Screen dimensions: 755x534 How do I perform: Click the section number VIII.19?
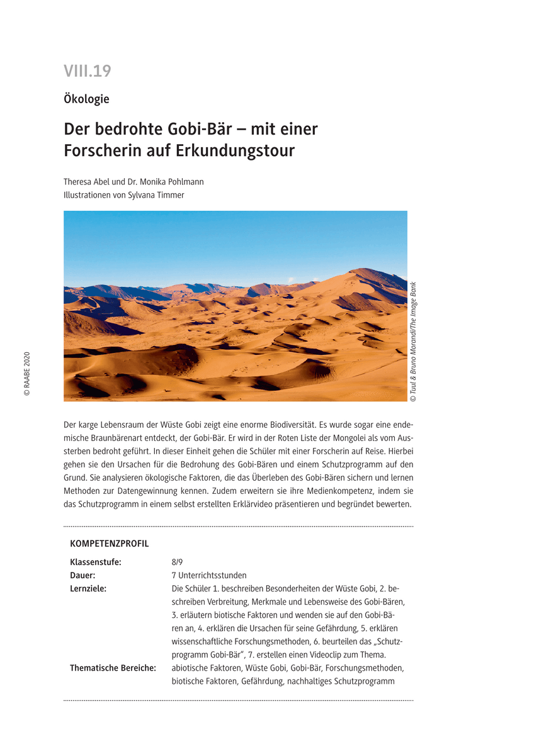(x=87, y=72)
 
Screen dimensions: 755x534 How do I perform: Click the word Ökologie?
(x=86, y=99)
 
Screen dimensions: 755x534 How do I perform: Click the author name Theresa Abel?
(x=85, y=182)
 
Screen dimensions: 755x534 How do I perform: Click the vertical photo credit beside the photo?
(x=413, y=342)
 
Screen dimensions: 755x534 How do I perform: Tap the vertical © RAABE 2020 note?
(x=26, y=374)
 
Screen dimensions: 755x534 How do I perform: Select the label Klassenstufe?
(x=95, y=562)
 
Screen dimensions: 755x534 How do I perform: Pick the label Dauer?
(x=82, y=576)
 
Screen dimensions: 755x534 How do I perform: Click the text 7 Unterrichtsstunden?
(x=208, y=576)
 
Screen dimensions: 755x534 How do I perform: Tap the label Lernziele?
(x=88, y=589)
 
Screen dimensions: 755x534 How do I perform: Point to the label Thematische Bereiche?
(x=113, y=668)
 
